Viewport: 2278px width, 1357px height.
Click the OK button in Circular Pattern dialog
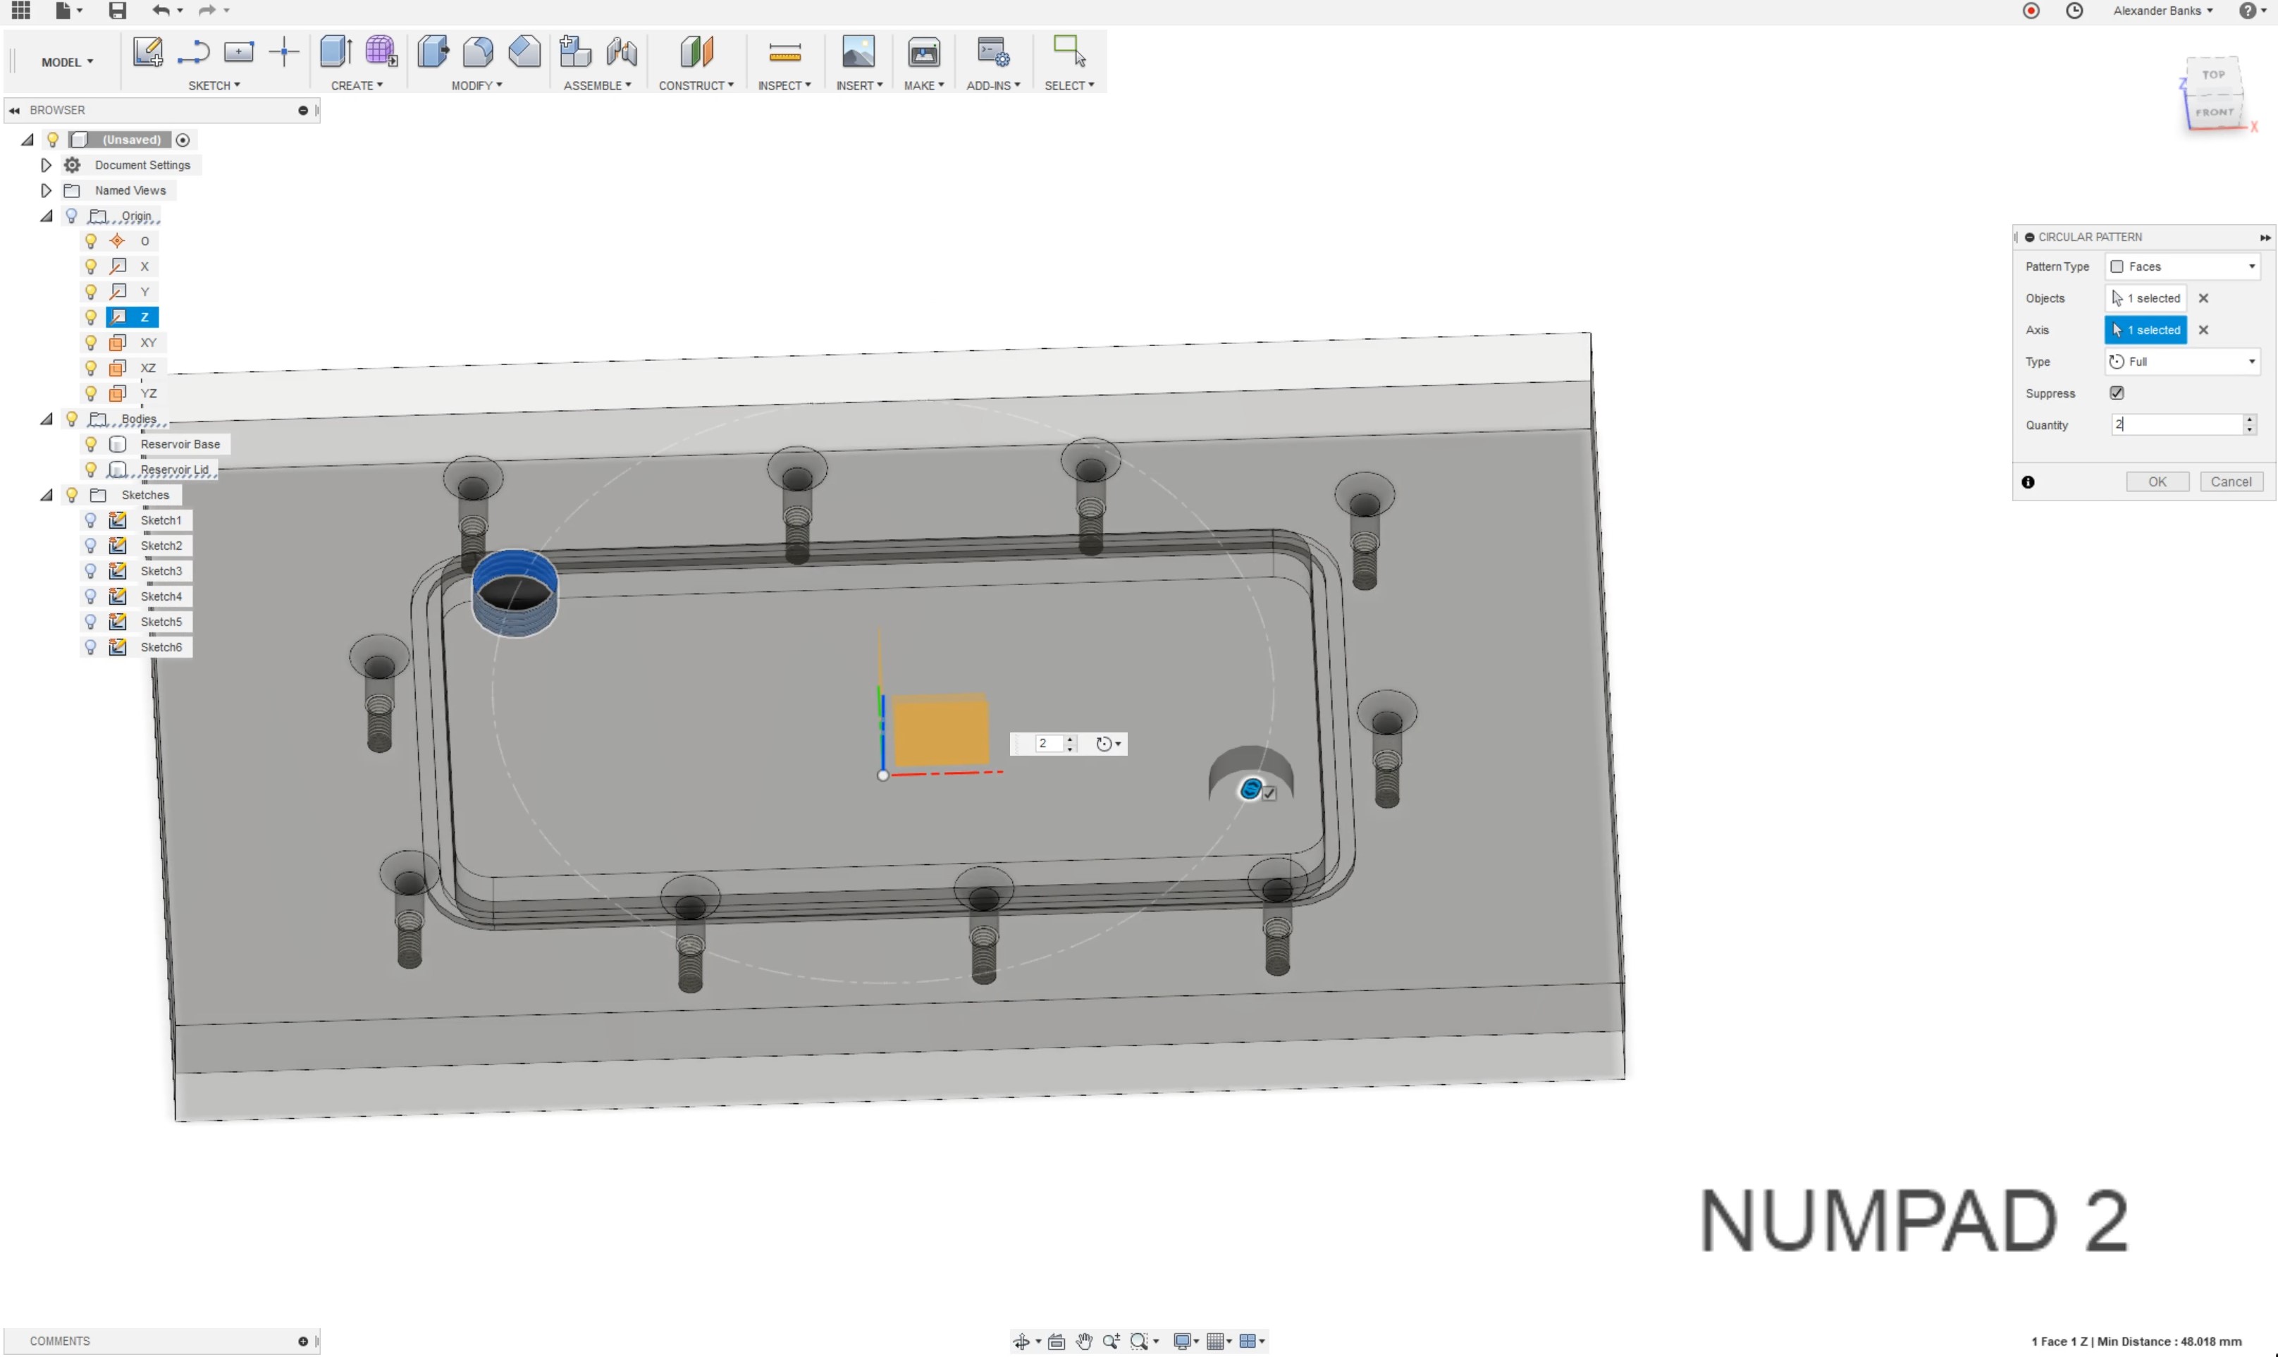[x=2157, y=482]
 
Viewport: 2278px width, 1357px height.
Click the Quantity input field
[x=2176, y=424]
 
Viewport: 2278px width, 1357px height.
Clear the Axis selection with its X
[x=2203, y=330]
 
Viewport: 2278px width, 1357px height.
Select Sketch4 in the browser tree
[x=161, y=596]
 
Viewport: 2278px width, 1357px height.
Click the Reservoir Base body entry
[x=180, y=444]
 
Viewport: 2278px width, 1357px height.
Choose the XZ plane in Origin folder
[x=148, y=367]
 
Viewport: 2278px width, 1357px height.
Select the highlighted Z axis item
[x=144, y=317]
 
